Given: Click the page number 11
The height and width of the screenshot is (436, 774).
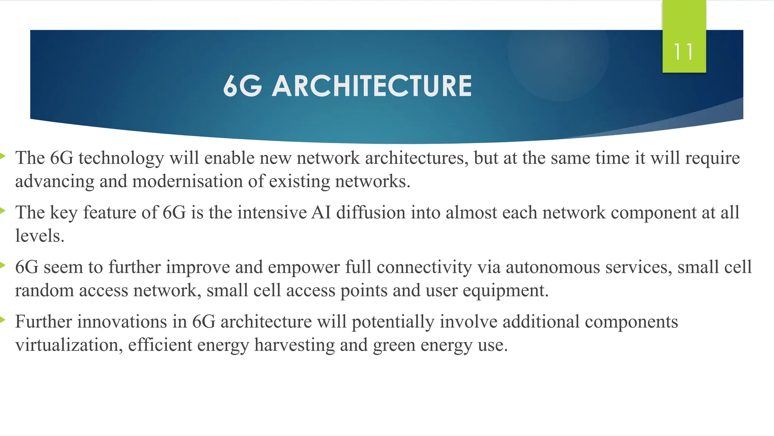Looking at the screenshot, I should click(684, 52).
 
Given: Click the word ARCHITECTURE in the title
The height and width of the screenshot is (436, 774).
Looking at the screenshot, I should click(372, 86).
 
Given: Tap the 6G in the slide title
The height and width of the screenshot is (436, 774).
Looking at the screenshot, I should click(242, 86).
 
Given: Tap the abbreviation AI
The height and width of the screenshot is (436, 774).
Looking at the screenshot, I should click(321, 212).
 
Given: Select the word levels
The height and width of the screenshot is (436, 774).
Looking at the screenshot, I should click(40, 236).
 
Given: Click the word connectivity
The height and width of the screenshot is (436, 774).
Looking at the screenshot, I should click(424, 268).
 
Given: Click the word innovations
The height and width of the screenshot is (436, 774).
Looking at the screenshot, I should click(122, 322).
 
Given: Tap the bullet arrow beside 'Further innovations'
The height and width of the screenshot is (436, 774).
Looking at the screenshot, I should click(2, 320).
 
